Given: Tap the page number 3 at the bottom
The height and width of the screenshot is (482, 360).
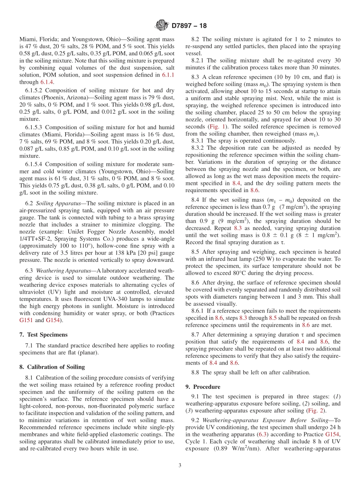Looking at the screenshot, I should point(180,465).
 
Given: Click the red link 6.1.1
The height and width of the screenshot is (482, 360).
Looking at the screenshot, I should point(168,75).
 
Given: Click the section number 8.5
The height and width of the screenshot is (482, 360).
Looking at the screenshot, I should point(196,252).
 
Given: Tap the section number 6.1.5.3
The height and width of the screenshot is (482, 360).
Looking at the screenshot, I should point(34,127).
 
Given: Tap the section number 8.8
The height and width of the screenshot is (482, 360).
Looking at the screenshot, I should point(196,372).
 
